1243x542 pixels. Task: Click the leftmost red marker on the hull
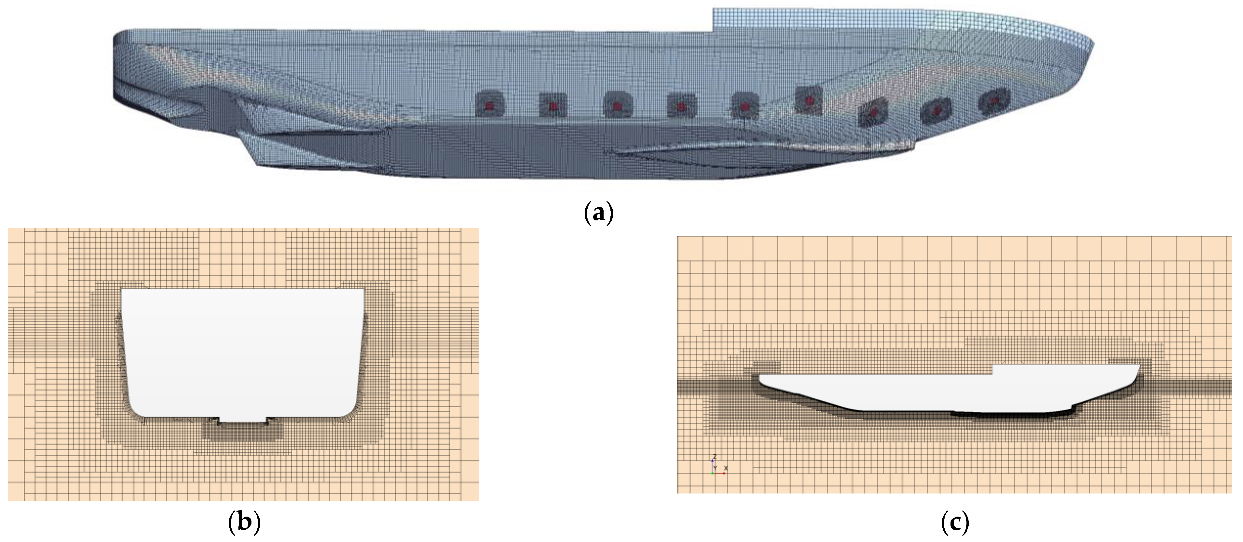[489, 106]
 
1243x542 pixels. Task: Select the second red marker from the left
[553, 105]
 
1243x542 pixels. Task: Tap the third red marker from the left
[617, 105]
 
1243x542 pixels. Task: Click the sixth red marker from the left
[809, 100]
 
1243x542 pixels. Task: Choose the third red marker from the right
[873, 112]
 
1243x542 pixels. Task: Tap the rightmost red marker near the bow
[994, 101]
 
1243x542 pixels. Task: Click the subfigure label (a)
[598, 213]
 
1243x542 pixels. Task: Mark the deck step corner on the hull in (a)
[713, 32]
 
